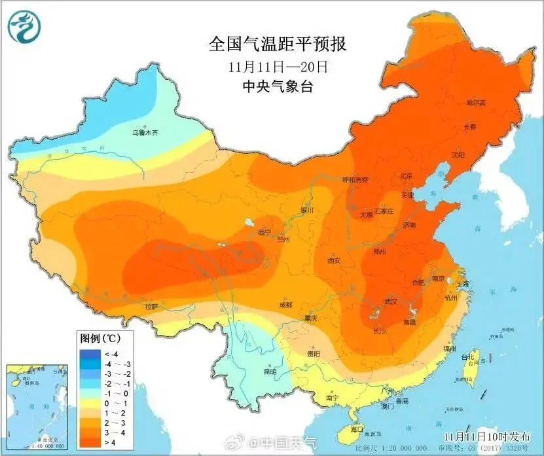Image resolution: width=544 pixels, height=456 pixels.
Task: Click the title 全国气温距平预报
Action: coord(277,44)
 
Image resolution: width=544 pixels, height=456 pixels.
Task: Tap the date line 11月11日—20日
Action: coord(278,67)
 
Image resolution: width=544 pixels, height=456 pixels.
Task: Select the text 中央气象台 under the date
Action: coord(278,87)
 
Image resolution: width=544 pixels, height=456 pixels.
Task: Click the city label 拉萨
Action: coord(152,306)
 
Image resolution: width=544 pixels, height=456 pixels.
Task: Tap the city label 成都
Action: coord(285,305)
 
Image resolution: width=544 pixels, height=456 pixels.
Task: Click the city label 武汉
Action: coord(391,301)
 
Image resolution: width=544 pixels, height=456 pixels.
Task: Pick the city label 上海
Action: coord(463,284)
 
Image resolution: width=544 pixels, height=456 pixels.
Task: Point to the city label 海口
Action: coord(357,429)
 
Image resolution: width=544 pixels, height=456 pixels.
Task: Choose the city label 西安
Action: coord(334,260)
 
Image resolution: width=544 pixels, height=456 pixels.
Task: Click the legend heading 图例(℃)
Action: coord(99,339)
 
